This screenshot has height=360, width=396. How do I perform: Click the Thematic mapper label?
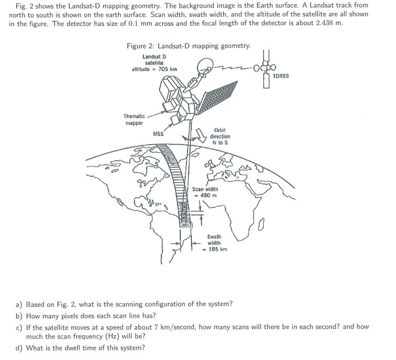pos(134,119)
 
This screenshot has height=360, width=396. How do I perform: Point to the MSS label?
pos(158,133)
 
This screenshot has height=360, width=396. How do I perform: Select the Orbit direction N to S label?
pos(221,136)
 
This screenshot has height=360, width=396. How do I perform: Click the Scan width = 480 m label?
pos(205,192)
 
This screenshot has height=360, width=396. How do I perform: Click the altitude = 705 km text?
pos(154,69)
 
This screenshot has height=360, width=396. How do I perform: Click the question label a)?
pos(19,304)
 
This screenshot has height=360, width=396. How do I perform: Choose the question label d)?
pos(19,347)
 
